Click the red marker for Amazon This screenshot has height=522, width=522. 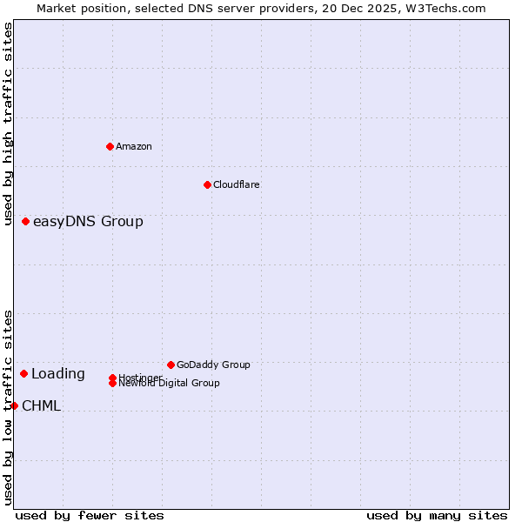click(x=110, y=146)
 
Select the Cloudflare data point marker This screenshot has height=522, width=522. click(x=207, y=184)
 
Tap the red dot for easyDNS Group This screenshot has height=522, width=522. click(x=26, y=222)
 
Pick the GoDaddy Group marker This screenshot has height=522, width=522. click(x=171, y=365)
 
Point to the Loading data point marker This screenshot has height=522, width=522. click(x=24, y=373)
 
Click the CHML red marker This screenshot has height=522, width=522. click(x=14, y=405)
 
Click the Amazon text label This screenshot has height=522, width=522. click(x=134, y=146)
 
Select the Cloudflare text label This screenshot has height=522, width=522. click(x=237, y=184)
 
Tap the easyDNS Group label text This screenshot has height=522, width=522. click(x=88, y=222)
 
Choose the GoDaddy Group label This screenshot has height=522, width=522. click(x=213, y=365)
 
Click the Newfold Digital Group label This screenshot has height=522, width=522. click(x=170, y=384)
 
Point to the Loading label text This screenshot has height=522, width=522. click(x=58, y=374)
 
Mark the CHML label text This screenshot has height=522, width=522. click(x=42, y=406)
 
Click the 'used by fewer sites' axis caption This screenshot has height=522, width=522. click(x=90, y=515)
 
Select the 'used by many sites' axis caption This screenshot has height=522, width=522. click(x=437, y=515)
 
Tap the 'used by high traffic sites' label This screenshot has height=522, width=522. click(x=9, y=124)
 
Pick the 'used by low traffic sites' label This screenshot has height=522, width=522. click(x=9, y=407)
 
